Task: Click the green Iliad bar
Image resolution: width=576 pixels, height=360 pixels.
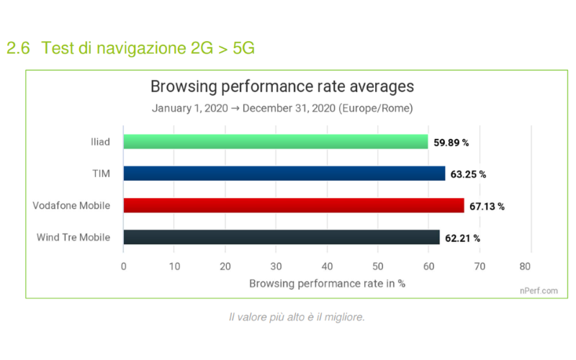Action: click(x=276, y=142)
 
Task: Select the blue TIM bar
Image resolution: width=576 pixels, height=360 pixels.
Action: click(x=284, y=174)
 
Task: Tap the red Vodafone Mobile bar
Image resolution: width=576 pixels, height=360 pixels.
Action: click(x=294, y=206)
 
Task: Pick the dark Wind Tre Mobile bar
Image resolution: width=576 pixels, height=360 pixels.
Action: click(x=282, y=238)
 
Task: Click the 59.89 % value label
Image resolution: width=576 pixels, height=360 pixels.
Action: click(x=451, y=143)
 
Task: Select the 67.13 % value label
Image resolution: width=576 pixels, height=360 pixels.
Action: click(x=487, y=207)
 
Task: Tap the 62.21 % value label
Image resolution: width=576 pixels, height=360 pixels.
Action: click(x=462, y=238)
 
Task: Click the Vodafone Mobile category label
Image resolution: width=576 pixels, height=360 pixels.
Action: click(x=71, y=206)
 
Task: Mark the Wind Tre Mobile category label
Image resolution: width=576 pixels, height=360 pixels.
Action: click(x=73, y=237)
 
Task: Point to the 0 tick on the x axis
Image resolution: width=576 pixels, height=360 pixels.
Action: click(x=124, y=266)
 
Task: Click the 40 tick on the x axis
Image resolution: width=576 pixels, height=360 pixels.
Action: click(x=327, y=266)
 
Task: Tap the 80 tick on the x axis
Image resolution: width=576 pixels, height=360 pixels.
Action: click(x=531, y=266)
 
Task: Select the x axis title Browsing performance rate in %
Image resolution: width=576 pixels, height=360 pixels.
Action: click(x=327, y=283)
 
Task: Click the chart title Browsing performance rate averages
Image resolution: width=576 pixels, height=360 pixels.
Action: click(x=282, y=87)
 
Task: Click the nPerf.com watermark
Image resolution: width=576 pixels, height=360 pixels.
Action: click(x=539, y=291)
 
